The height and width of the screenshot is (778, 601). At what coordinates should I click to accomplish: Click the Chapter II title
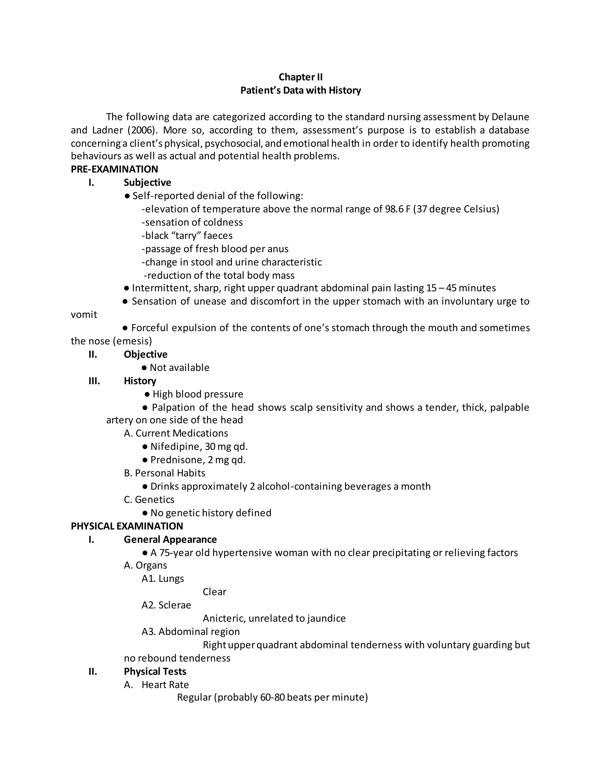coord(300,77)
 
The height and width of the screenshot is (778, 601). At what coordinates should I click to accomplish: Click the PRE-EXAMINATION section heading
coord(114,169)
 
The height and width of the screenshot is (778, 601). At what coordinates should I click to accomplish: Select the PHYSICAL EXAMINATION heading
coord(127,526)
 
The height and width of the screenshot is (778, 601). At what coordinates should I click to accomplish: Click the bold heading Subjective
coord(147,182)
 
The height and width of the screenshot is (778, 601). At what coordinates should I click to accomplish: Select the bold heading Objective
coord(146,354)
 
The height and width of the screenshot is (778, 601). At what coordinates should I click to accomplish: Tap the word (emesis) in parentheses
coord(132,341)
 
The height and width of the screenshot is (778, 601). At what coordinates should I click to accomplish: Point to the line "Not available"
coord(179,367)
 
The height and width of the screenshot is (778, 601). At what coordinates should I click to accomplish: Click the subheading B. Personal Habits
coord(165,473)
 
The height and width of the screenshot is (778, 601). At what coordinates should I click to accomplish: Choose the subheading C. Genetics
coord(149,499)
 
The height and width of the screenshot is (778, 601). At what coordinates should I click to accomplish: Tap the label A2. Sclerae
coord(166,605)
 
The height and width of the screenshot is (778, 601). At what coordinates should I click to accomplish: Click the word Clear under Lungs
coord(214,592)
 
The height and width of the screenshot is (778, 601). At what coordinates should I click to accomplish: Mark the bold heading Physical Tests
coord(155,671)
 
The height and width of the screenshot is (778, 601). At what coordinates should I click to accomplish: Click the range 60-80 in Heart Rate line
coord(272,697)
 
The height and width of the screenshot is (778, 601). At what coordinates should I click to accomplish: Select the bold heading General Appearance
coord(170,539)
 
